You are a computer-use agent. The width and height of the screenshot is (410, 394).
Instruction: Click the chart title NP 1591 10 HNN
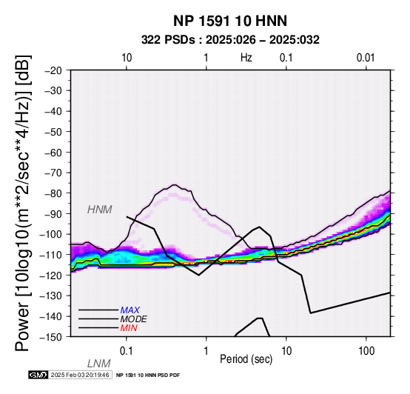[x=230, y=21]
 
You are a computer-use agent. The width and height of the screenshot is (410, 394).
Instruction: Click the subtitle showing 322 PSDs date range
[x=230, y=40]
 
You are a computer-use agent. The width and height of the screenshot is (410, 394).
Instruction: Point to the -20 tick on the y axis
[x=53, y=70]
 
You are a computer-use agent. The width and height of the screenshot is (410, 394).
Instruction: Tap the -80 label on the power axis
[x=53, y=193]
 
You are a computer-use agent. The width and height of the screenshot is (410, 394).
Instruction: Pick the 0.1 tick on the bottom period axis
[x=126, y=351]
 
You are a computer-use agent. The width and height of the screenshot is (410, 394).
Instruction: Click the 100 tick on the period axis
[x=366, y=351]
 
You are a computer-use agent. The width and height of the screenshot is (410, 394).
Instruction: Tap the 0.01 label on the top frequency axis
[x=366, y=58]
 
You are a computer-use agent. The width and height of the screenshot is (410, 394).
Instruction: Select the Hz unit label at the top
[x=246, y=58]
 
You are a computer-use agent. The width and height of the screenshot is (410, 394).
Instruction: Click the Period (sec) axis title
[x=246, y=359]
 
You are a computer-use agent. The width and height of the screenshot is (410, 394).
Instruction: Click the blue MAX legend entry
[x=130, y=310]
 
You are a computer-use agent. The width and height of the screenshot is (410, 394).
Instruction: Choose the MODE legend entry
[x=134, y=319]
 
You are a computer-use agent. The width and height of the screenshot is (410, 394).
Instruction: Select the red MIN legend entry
[x=129, y=328]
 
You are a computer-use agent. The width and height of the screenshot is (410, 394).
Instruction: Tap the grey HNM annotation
[x=100, y=210]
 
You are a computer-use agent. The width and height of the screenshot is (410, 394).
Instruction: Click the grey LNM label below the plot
[x=99, y=364]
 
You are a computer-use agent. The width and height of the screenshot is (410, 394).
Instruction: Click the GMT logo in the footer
[x=38, y=375]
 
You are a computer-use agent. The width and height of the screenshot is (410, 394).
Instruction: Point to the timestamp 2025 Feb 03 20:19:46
[x=80, y=375]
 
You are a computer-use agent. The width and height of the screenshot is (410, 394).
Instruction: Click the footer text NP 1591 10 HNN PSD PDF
[x=148, y=375]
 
